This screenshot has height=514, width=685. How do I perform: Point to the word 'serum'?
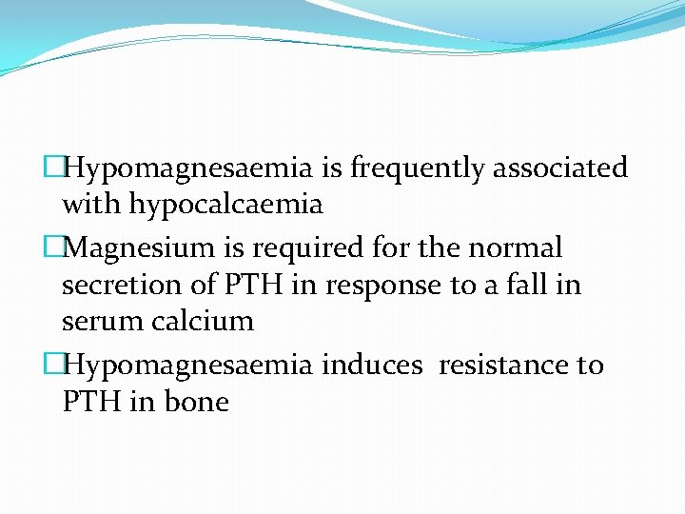tap(102, 321)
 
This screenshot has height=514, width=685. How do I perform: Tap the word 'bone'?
tap(196, 402)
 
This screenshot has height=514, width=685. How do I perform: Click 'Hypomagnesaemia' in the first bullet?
tap(187, 168)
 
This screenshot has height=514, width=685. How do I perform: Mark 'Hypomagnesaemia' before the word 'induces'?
tap(187, 365)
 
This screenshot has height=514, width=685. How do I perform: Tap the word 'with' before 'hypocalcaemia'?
tap(90, 205)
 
